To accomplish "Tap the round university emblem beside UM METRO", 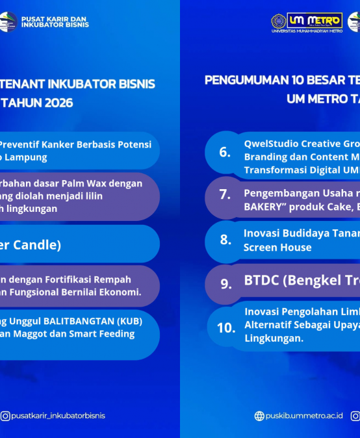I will (278, 21).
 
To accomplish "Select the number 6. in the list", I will (224, 152).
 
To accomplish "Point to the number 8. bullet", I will (225, 239).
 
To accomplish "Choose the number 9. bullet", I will (225, 283).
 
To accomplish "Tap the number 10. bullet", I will (225, 328).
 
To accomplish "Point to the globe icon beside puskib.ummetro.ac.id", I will (259, 416).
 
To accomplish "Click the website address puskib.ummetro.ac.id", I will (303, 416).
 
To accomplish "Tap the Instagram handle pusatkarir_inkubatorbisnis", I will (58, 416).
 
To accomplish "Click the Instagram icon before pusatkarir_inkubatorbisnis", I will (5, 416).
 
